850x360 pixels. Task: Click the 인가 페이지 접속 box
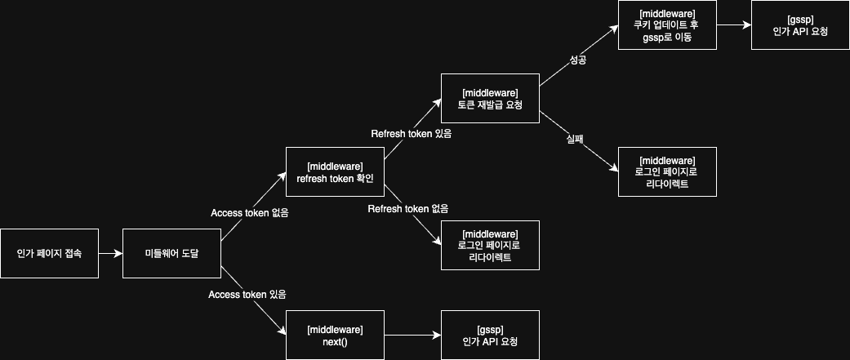pyautogui.click(x=49, y=253)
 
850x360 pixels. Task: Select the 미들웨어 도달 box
pyautogui.click(x=171, y=253)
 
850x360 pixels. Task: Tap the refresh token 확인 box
pyautogui.click(x=335, y=172)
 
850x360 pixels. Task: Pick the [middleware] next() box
pyautogui.click(x=335, y=335)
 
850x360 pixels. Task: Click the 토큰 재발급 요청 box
pyautogui.click(x=490, y=98)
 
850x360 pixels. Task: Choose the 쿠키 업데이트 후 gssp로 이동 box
pyautogui.click(x=667, y=24)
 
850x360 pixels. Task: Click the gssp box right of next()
pyautogui.click(x=490, y=335)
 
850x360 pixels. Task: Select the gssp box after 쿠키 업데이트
pyautogui.click(x=800, y=24)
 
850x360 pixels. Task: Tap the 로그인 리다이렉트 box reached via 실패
pyautogui.click(x=667, y=171)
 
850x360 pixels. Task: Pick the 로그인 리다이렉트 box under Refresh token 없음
pyautogui.click(x=490, y=245)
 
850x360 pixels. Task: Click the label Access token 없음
pyautogui.click(x=249, y=213)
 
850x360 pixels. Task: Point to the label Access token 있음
pyautogui.click(x=247, y=293)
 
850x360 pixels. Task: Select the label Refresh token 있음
pyautogui.click(x=411, y=133)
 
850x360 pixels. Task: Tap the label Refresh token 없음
pyautogui.click(x=407, y=209)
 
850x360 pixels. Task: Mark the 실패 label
pyautogui.click(x=576, y=140)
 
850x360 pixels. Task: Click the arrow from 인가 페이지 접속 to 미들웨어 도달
pyautogui.click(x=110, y=253)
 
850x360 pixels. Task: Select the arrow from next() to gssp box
pyautogui.click(x=412, y=335)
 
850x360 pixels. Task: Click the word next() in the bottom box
pyautogui.click(x=335, y=341)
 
